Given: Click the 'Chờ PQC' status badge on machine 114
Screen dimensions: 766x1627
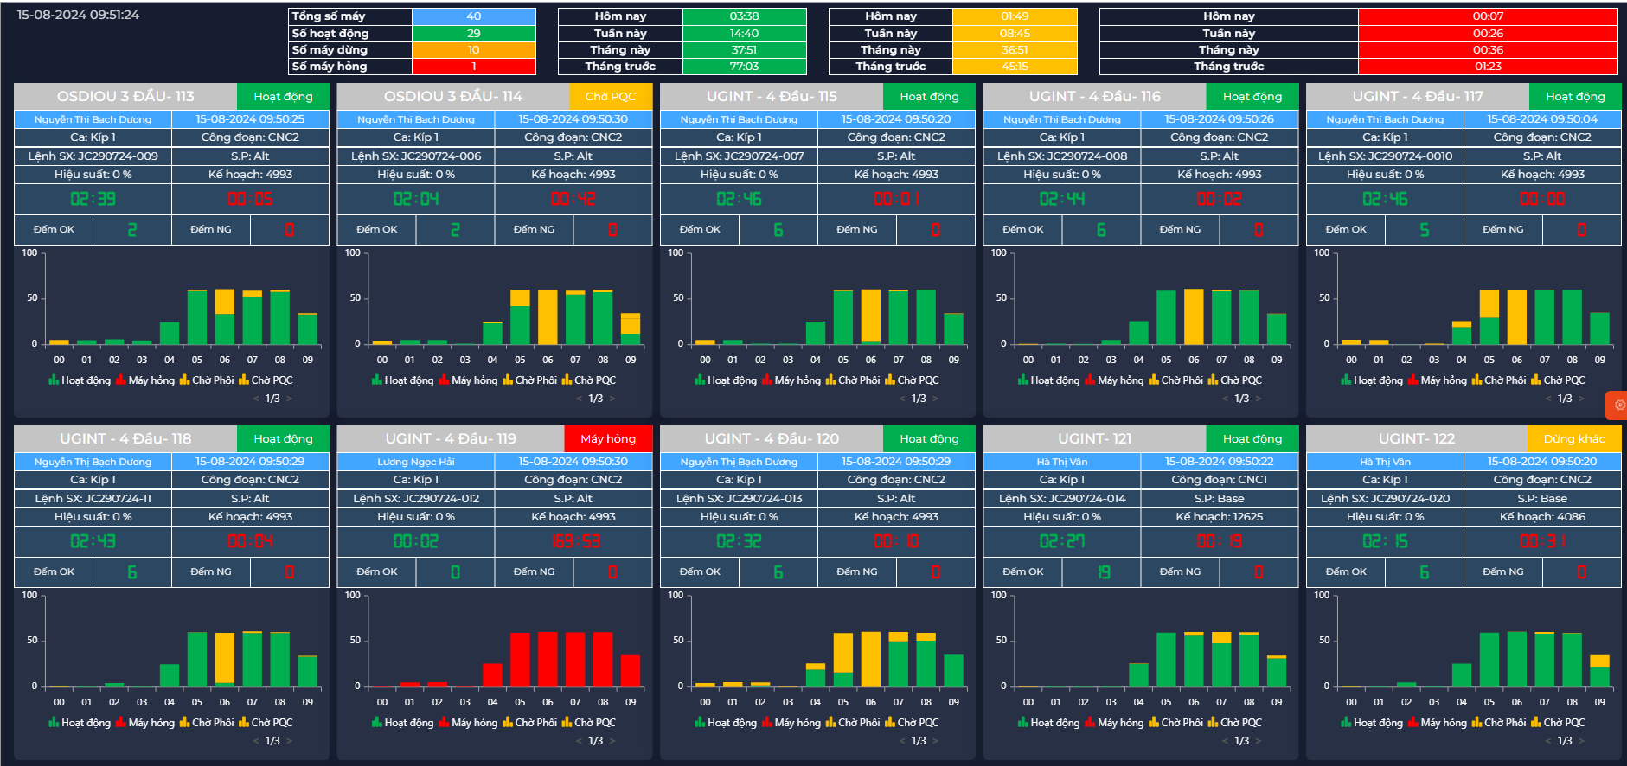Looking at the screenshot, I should (610, 97).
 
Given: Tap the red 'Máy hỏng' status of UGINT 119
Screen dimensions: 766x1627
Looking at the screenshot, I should (607, 439).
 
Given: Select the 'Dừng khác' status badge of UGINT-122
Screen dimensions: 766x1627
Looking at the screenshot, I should (1573, 439).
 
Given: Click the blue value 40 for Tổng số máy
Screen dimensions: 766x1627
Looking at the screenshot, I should (473, 16).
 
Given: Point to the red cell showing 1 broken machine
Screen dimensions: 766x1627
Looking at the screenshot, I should (473, 67).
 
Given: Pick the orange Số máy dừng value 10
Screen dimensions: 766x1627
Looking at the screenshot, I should (473, 50).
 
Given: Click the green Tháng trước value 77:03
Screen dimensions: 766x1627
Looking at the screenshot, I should (744, 67).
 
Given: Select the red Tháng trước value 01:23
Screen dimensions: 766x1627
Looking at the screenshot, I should (1488, 67).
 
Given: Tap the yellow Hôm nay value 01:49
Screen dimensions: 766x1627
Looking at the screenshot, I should (1015, 16).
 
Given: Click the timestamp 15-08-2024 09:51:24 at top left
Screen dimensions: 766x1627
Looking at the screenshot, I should (78, 15).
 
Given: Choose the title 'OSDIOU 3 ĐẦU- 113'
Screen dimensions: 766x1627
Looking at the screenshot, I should (125, 97).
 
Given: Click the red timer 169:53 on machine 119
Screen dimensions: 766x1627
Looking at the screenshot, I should (575, 541).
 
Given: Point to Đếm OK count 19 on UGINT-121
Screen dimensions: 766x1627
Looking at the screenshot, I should (1104, 572).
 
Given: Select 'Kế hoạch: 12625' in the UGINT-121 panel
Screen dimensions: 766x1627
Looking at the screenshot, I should (1219, 517).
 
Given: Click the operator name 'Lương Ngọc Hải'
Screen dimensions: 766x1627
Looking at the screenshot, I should (415, 462).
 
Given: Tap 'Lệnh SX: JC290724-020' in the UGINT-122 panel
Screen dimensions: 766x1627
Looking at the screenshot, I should (1385, 499).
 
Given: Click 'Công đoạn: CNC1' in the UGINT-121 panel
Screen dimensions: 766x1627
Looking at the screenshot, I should (1219, 480).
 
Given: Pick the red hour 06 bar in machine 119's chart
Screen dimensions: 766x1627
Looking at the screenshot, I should (548, 659).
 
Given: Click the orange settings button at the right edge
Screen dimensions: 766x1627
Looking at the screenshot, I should (1618, 405).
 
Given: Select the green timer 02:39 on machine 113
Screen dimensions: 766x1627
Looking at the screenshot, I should (93, 199).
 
